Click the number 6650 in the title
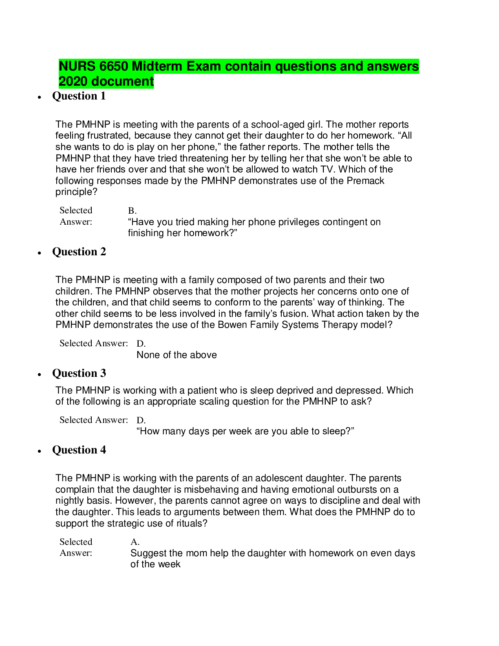[x=113, y=66]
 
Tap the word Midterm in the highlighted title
[x=157, y=66]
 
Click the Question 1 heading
[x=79, y=96]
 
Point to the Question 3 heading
[x=79, y=373]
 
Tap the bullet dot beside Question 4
[x=39, y=451]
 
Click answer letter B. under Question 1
[x=132, y=211]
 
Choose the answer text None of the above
[x=177, y=355]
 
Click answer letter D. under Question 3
[x=141, y=420]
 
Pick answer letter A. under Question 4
[x=135, y=542]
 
